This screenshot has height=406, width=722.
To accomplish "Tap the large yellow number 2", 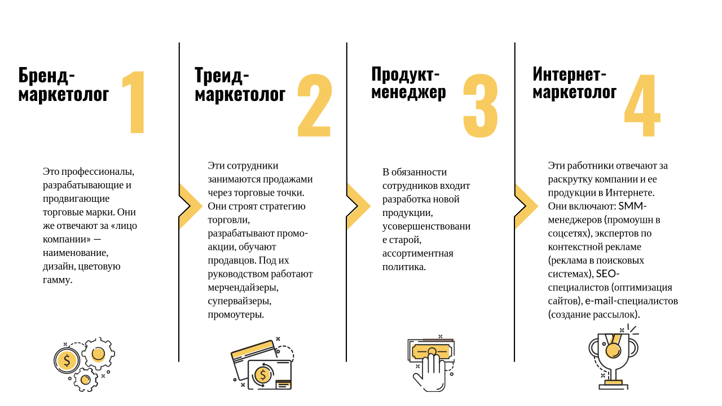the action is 315,105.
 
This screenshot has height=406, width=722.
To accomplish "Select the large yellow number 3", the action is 481,105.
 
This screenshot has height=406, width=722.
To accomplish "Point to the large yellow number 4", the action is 642,105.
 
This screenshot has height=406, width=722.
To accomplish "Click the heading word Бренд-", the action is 46,76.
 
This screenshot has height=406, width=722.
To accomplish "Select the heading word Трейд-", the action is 222,76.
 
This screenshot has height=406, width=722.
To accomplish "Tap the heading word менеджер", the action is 409,92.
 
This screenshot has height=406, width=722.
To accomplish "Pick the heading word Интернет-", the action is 569,74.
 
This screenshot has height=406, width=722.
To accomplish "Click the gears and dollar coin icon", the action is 85,364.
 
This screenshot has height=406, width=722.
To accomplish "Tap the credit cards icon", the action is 262,364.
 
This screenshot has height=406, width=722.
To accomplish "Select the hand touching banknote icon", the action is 431,363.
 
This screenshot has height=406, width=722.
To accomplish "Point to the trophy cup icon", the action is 613,357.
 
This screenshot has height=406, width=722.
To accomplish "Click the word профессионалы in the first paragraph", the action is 98,172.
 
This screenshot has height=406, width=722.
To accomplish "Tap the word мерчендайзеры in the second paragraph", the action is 243,288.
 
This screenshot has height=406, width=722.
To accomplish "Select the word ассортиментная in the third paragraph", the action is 418,254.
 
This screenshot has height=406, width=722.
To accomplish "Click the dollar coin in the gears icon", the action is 67,360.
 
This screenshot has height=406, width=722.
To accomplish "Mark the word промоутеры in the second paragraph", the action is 236,315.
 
